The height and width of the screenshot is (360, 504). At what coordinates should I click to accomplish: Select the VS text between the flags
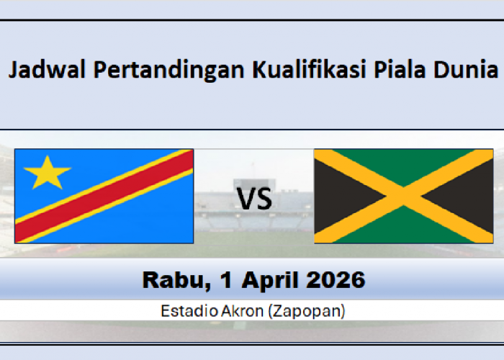click(x=255, y=199)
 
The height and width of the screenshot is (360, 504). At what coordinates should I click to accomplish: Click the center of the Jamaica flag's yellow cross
click(x=404, y=196)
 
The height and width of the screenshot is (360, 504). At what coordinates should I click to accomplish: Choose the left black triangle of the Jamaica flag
click(x=338, y=196)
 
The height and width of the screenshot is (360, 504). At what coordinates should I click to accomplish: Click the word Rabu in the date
click(x=168, y=278)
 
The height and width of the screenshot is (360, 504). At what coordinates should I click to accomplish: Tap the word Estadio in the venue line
click(x=183, y=311)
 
